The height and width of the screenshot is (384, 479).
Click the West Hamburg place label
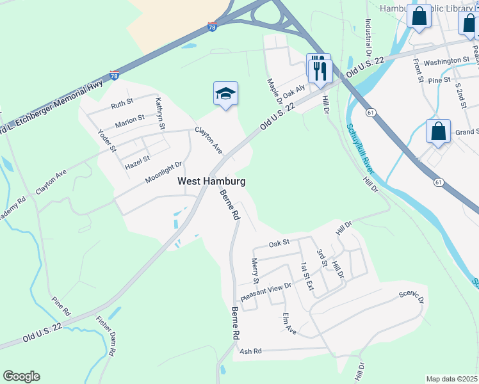tap(211, 182)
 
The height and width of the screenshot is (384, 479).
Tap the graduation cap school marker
tap(225, 95)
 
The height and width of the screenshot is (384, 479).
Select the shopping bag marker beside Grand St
tap(438, 132)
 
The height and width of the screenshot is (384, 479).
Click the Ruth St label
tap(122, 103)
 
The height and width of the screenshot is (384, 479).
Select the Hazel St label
tap(137, 161)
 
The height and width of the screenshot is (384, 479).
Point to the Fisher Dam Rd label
tap(105, 337)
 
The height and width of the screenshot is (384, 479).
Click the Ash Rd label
tap(250, 351)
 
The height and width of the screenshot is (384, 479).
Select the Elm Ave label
tap(290, 324)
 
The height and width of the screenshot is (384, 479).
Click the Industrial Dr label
tap(369, 36)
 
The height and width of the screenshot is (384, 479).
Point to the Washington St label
tap(446, 61)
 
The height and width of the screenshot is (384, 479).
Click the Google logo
tap(21, 376)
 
